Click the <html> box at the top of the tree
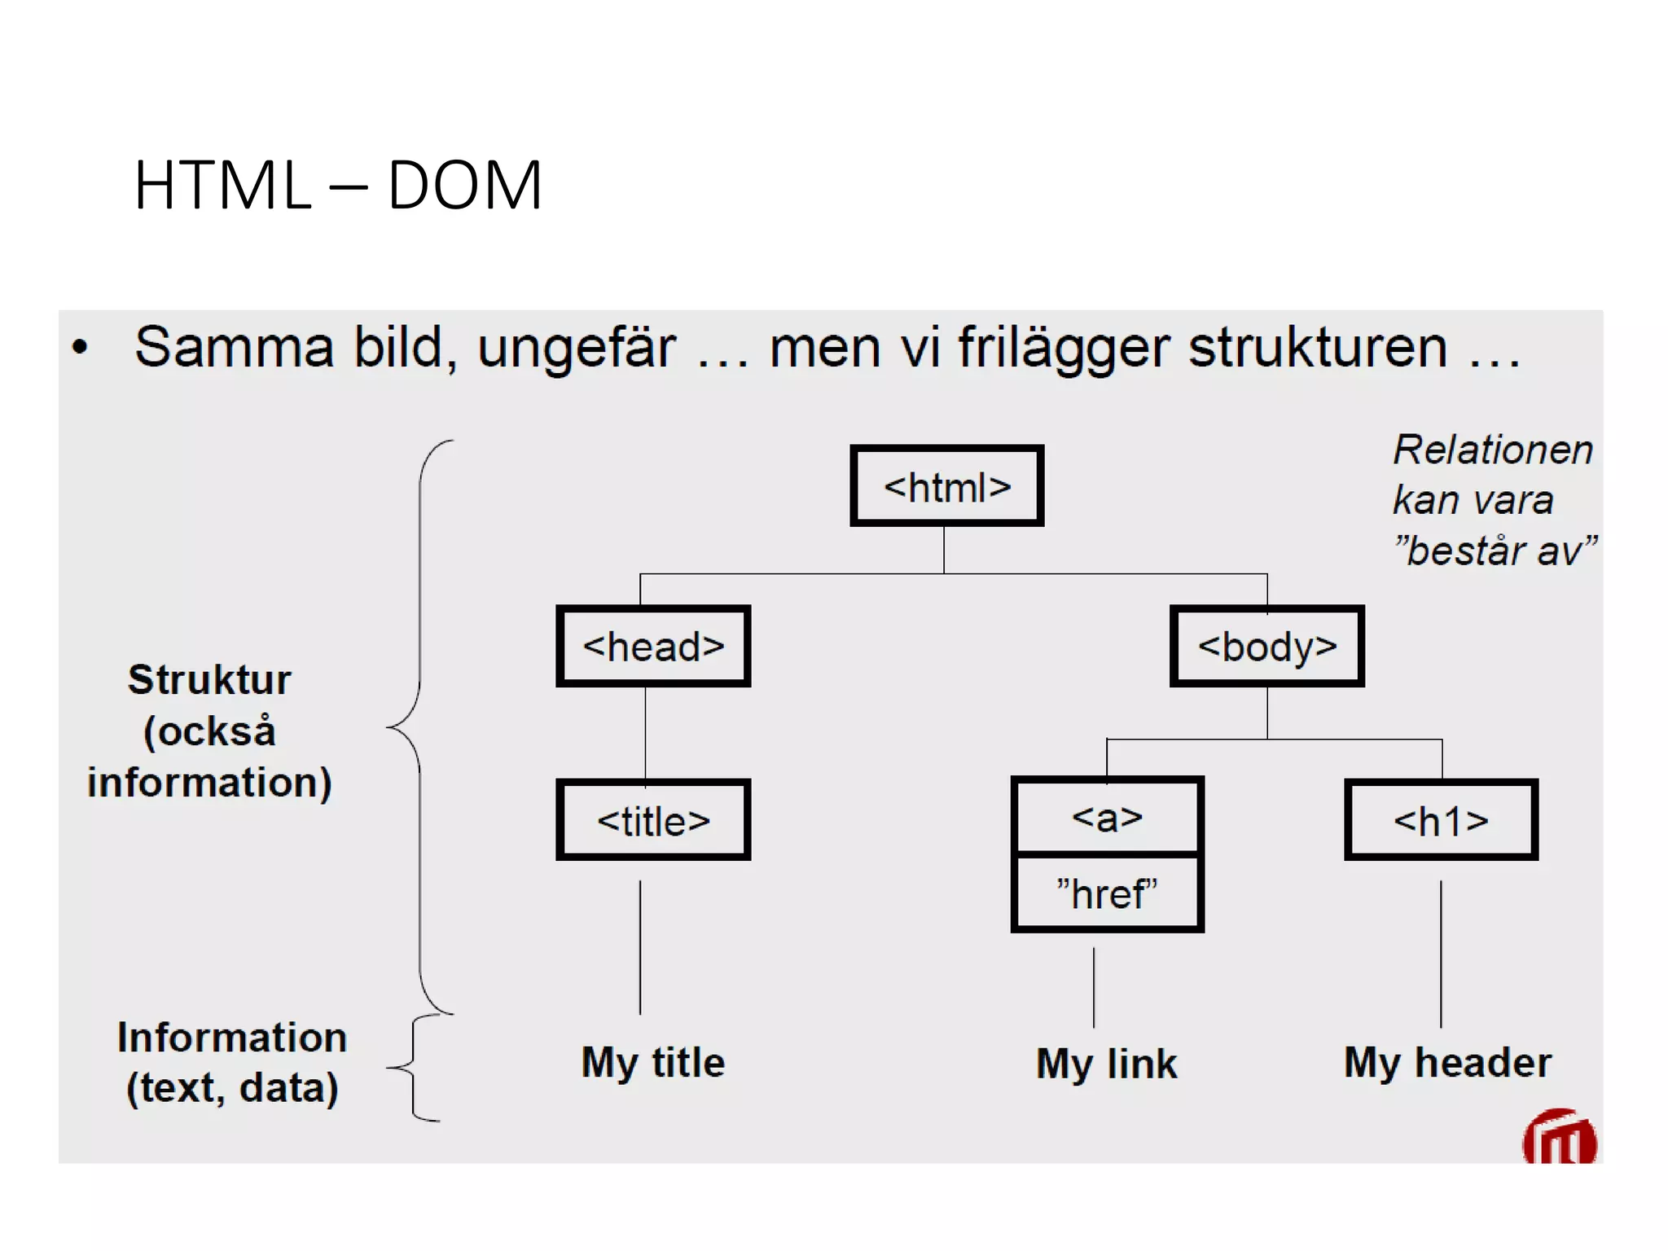click(946, 486)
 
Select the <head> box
click(653, 646)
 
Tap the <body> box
click(1266, 646)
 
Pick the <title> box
click(653, 820)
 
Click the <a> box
click(1107, 816)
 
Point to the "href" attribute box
click(1107, 893)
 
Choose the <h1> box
click(1441, 820)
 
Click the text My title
click(653, 1062)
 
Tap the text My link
click(1107, 1064)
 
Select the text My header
click(1447, 1062)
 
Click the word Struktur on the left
click(209, 679)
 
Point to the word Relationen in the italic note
click(1492, 450)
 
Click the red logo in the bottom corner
click(1559, 1139)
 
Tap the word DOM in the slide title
click(464, 186)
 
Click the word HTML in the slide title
click(222, 186)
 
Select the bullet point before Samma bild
click(80, 348)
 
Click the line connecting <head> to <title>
click(646, 733)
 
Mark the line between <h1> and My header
click(1441, 953)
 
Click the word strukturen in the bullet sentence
click(1317, 348)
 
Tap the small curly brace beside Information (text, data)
click(415, 1068)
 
